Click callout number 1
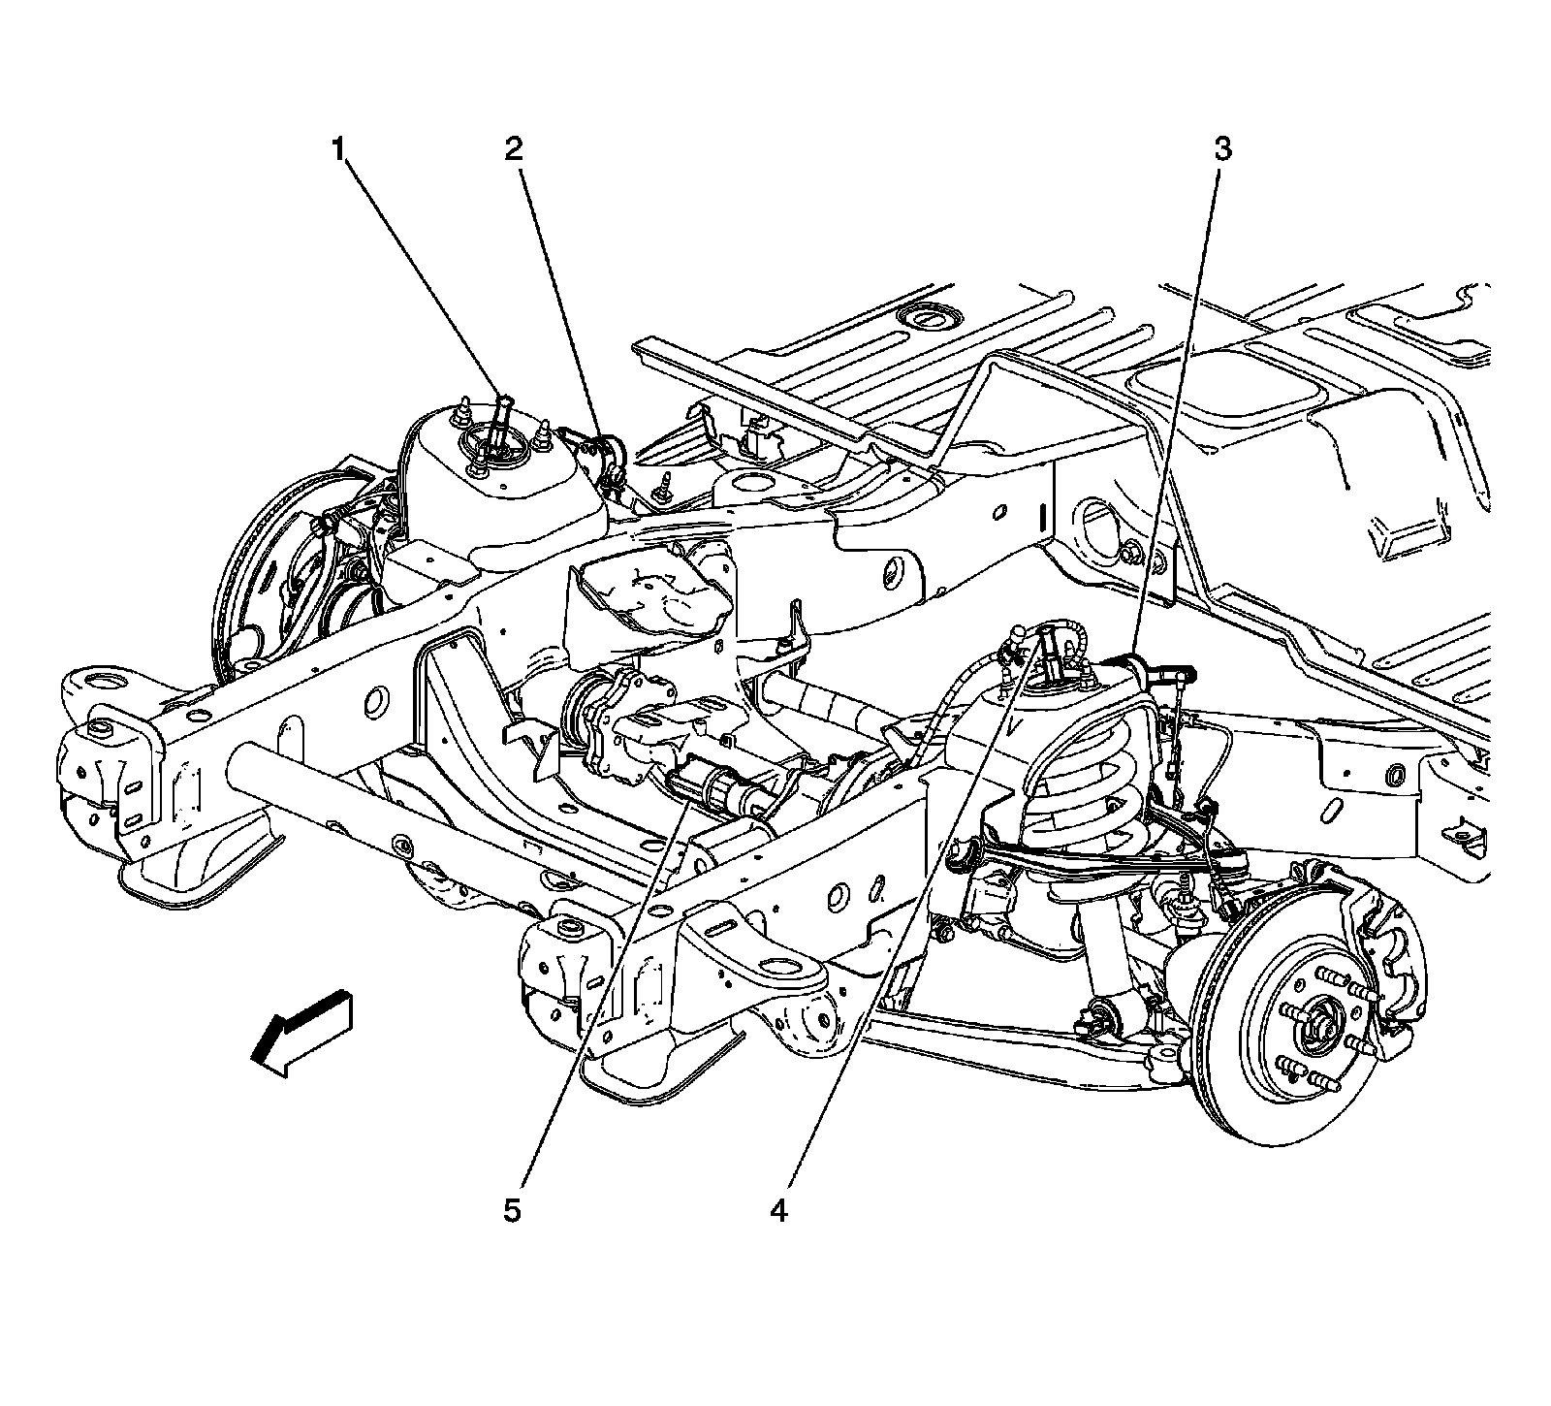pos(337,149)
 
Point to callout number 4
pos(778,1211)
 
